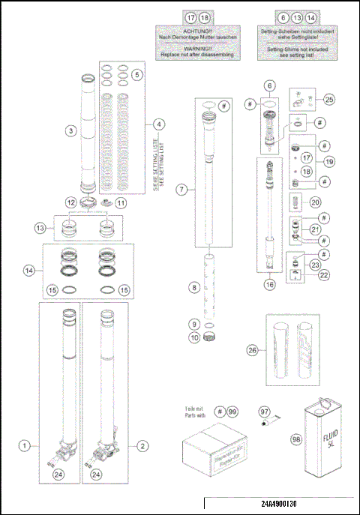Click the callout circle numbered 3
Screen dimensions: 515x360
(x=70, y=130)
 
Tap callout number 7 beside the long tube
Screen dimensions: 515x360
(x=181, y=190)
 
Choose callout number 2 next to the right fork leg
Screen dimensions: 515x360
(x=142, y=445)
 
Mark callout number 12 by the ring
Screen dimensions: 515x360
(x=70, y=202)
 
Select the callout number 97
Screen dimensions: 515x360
(x=265, y=412)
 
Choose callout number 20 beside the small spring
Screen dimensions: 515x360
(x=315, y=202)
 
